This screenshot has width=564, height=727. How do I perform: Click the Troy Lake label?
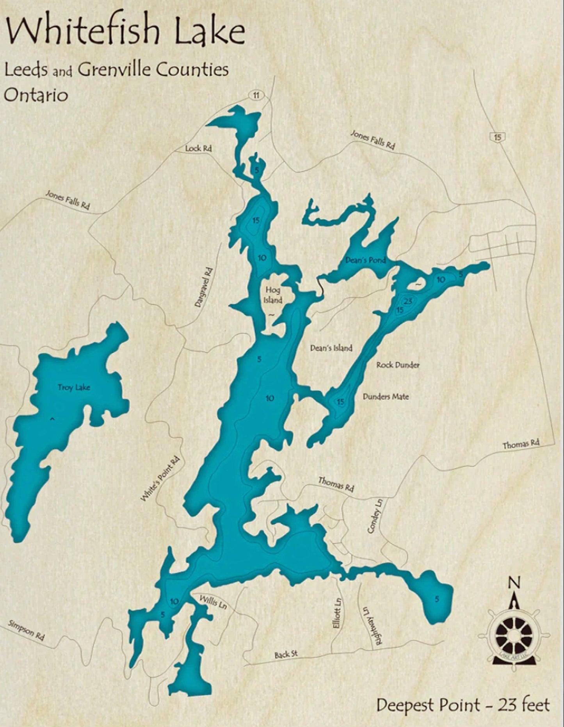pos(74,387)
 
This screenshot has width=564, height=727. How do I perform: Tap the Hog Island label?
pos(273,295)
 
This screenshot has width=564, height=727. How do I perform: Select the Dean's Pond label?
pos(365,260)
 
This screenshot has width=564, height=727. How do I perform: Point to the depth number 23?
pos(408,301)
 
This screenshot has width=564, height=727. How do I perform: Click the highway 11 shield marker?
pos(256,95)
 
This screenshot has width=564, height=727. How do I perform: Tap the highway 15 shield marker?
pos(497,137)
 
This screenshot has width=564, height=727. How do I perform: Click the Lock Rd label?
pos(198,148)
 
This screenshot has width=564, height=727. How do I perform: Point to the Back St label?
pos(286,654)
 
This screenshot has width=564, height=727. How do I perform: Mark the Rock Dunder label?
pos(398,365)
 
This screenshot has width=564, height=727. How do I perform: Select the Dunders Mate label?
pos(386,397)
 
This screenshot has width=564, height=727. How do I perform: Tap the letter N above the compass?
pos(514,582)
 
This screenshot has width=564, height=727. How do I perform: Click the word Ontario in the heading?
pos(36,95)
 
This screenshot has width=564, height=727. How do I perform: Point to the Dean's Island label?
pos(331,348)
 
